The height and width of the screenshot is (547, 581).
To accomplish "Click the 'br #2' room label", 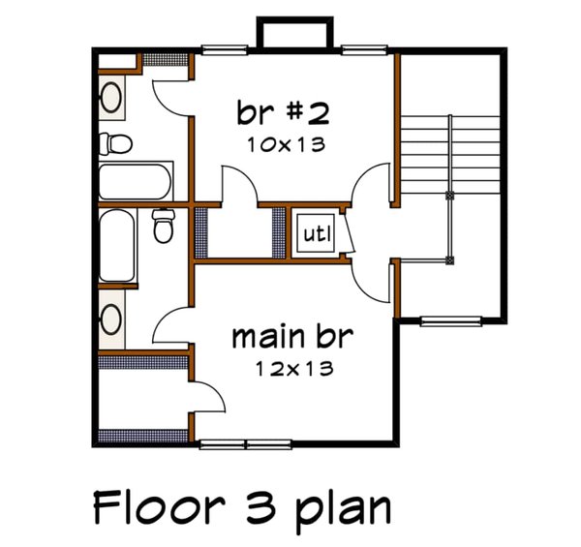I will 284,113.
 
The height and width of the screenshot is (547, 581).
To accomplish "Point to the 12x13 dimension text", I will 294,368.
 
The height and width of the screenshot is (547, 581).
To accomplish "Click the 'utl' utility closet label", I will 317,233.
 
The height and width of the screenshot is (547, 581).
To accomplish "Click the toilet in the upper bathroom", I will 119,143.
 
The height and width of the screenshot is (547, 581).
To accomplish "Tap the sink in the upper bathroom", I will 111,98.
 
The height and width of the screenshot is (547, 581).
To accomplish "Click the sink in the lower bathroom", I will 111,319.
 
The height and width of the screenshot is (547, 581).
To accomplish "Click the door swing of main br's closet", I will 209,396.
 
